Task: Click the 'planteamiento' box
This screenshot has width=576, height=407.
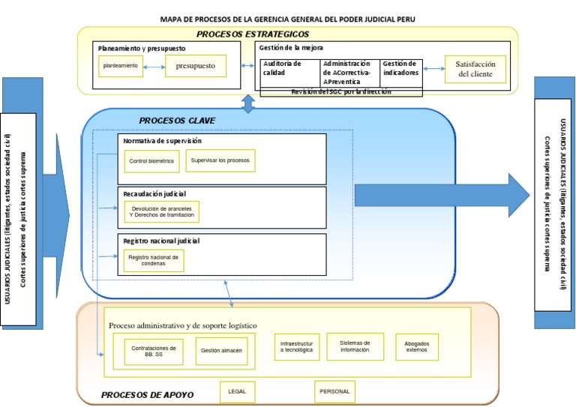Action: coord(120,66)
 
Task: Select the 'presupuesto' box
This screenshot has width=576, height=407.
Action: coord(195,66)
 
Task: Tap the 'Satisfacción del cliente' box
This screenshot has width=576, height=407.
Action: coord(475,69)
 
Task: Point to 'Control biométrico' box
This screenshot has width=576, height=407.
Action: coord(151,161)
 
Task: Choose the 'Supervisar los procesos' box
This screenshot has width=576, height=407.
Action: coord(220,160)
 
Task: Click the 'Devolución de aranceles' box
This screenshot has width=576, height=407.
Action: coord(161,212)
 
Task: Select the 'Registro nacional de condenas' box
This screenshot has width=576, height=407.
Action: coord(154,260)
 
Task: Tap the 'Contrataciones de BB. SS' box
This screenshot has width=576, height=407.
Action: coord(154,352)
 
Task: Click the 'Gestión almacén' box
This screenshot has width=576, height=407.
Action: coord(220,351)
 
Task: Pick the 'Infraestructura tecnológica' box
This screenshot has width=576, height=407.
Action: coord(296,346)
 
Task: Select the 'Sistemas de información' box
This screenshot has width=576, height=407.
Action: coord(355,346)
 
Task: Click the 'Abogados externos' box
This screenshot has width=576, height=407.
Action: coord(416,347)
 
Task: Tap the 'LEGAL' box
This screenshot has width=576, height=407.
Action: coord(237,391)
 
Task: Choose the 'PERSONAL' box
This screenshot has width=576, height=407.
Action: coord(334,391)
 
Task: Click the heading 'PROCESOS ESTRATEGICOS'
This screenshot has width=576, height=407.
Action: coord(253,34)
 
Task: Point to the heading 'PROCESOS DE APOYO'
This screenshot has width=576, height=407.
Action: coord(147,395)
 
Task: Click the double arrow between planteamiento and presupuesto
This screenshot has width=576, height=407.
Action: coord(154,67)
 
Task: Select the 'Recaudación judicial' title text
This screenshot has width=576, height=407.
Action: coord(154,194)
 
